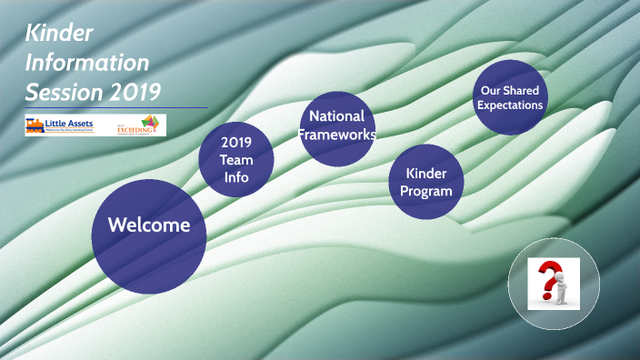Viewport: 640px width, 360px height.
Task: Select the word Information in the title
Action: [x=87, y=63]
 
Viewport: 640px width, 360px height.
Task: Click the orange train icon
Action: [x=35, y=125]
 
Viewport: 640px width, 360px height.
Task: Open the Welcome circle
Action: [x=149, y=225]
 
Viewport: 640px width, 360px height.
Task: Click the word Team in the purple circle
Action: [x=236, y=159]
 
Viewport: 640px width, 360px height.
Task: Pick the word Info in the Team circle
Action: [x=236, y=177]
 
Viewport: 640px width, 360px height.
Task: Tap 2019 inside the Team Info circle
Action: [x=236, y=142]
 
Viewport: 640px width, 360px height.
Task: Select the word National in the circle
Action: [x=336, y=116]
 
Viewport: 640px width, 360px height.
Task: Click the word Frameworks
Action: [x=338, y=135]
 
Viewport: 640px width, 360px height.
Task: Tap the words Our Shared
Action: [x=509, y=91]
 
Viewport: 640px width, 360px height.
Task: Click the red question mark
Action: [x=547, y=280]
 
